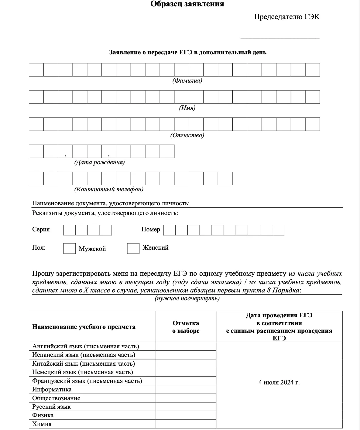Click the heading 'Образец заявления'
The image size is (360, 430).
click(187, 4)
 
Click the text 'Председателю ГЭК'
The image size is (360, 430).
click(286, 17)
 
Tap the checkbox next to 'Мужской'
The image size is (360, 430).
click(69, 248)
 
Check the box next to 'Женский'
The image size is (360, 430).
click(133, 248)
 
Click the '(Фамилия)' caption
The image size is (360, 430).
click(187, 80)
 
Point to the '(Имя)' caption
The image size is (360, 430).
click(187, 108)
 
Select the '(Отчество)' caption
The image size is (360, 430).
click(187, 135)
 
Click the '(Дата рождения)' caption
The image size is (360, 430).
click(99, 162)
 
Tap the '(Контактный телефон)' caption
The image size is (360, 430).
click(109, 189)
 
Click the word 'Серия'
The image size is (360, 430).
click(41, 230)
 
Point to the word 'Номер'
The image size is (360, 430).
click(150, 230)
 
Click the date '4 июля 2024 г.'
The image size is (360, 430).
click(279, 382)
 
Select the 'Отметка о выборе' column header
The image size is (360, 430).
click(186, 327)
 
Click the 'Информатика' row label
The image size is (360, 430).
click(52, 389)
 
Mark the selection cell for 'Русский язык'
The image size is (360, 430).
click(186, 407)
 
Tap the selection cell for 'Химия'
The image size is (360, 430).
click(186, 424)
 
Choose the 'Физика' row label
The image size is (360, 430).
click(43, 415)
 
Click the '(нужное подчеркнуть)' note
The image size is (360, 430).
click(187, 298)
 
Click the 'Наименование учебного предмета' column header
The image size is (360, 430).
click(84, 327)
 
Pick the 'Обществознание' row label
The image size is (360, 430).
click(56, 398)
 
